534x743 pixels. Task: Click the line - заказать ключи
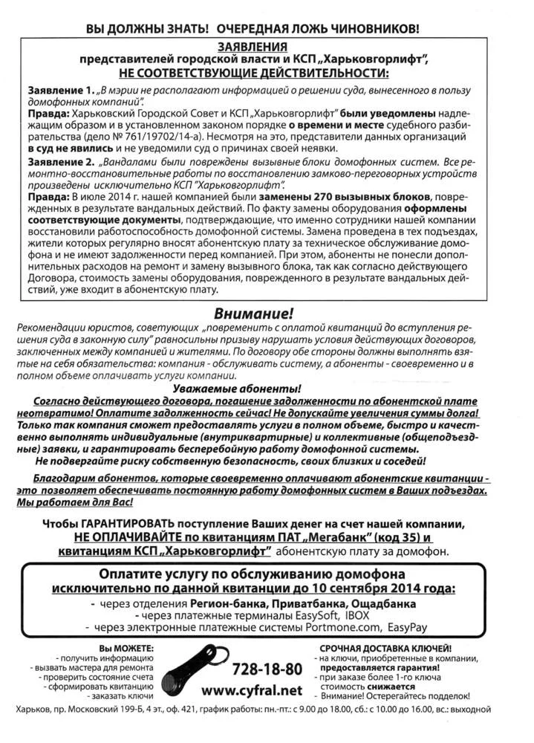(x=123, y=695)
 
